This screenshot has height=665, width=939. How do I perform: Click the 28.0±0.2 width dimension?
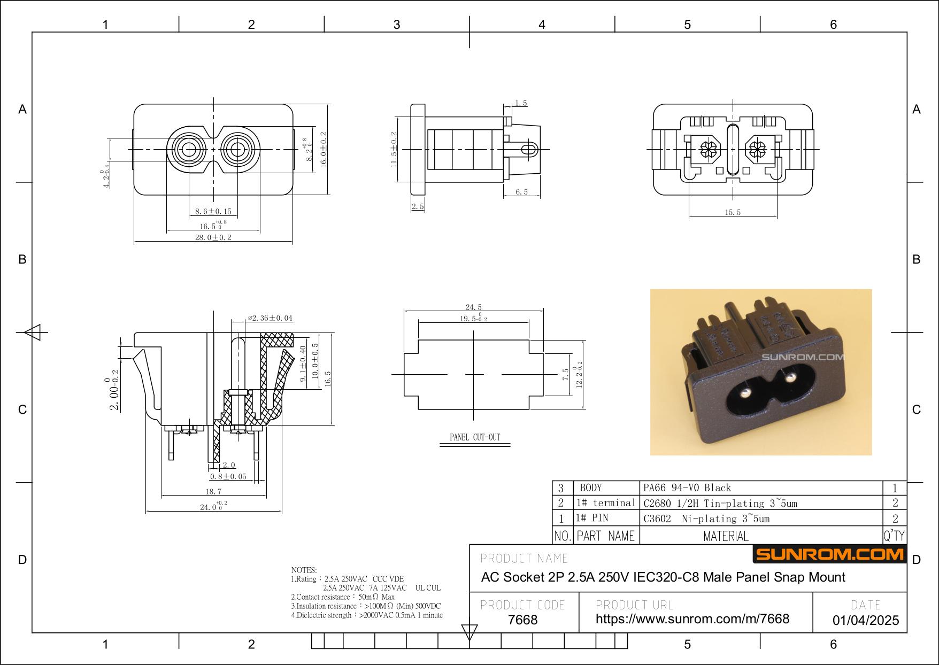(213, 237)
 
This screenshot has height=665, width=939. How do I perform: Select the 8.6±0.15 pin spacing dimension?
(213, 212)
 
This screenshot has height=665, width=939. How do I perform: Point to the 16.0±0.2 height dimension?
(324, 150)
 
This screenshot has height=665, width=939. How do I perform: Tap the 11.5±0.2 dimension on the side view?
(394, 150)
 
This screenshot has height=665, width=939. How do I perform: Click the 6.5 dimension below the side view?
(521, 192)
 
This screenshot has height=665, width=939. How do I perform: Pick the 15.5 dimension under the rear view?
(733, 212)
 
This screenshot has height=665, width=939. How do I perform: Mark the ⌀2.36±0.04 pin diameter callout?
(270, 318)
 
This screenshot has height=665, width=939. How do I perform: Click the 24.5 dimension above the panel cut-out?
(473, 307)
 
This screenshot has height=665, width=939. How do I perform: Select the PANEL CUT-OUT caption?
(475, 437)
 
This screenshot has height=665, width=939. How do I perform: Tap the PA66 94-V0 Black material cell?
(687, 488)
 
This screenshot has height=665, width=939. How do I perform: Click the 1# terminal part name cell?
(606, 502)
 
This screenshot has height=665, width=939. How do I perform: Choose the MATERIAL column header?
(726, 536)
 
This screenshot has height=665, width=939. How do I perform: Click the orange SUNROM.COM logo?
(830, 554)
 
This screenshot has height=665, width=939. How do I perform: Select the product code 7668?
(522, 620)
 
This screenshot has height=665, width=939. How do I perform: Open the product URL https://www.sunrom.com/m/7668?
(692, 618)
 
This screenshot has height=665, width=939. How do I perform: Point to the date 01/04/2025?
(866, 620)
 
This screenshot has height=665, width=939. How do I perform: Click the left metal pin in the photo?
(744, 393)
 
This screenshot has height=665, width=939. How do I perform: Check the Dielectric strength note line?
(367, 615)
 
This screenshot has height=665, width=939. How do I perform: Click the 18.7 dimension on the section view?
(213, 491)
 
